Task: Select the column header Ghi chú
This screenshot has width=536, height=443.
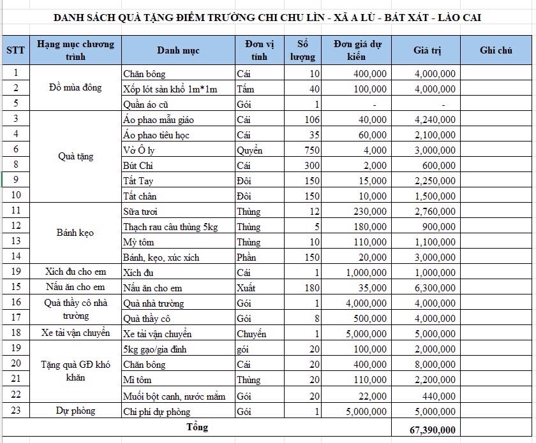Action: (496, 50)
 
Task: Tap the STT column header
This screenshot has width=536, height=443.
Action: (15, 50)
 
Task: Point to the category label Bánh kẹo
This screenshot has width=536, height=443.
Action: (75, 233)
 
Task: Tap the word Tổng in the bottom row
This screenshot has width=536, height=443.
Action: (197, 426)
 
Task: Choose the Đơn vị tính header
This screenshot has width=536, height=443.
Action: (259, 50)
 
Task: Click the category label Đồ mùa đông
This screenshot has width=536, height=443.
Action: (75, 88)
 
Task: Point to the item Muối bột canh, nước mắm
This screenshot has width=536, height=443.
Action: (174, 396)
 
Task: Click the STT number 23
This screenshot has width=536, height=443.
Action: (15, 411)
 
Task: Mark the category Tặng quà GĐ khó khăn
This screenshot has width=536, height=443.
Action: (75, 372)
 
